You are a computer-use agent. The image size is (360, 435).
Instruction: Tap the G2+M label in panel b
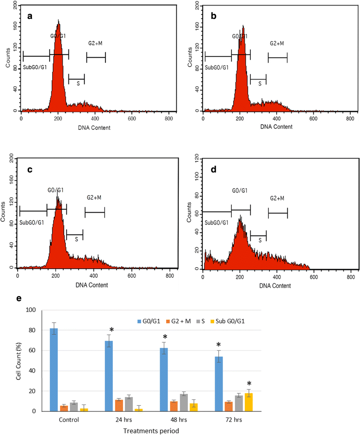tap(277, 43)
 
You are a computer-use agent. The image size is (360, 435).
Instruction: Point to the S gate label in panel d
tap(260, 240)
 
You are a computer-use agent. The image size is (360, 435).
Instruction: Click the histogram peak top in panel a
tap(58, 21)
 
